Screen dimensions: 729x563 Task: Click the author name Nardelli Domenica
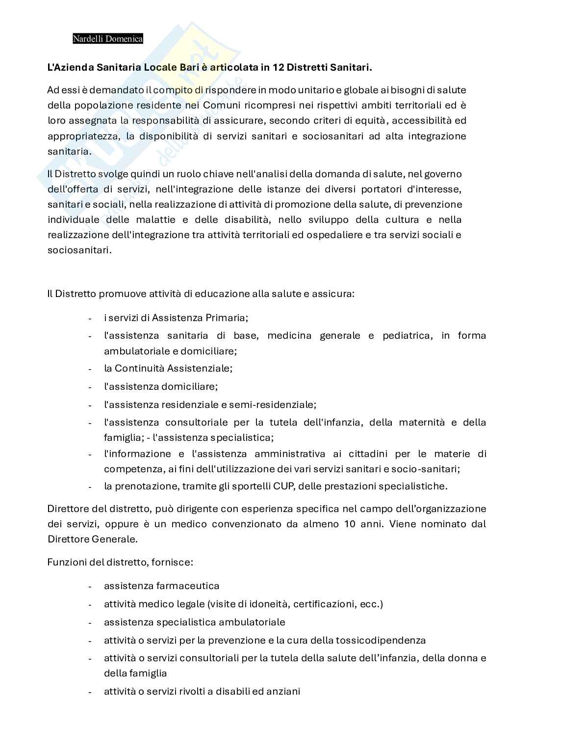pos(108,39)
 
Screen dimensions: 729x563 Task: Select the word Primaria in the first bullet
pos(230,318)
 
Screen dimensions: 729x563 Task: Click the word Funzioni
pos(67,562)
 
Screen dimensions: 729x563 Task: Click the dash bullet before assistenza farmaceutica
pos(90,586)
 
